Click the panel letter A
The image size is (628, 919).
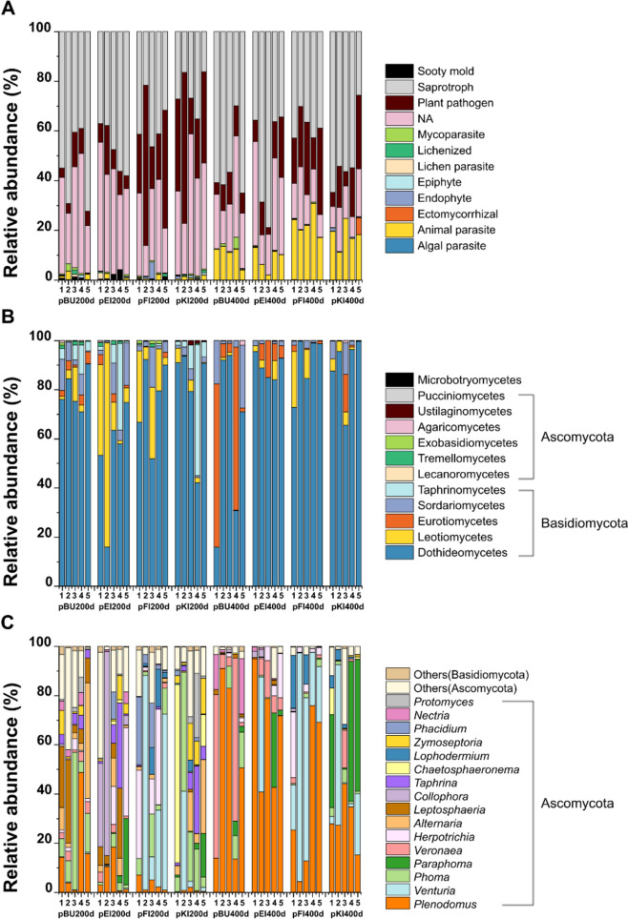click(x=9, y=10)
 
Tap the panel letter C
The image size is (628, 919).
click(x=9, y=623)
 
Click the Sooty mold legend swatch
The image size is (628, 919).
click(x=399, y=71)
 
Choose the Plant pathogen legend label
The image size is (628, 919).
click(x=455, y=103)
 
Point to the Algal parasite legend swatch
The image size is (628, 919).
click(x=399, y=246)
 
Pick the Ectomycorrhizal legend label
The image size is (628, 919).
click(x=458, y=214)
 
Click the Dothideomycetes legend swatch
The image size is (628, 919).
click(x=399, y=552)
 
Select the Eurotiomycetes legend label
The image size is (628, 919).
click(x=458, y=521)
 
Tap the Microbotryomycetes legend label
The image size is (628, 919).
click(x=470, y=379)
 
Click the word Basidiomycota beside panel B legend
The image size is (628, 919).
click(x=584, y=522)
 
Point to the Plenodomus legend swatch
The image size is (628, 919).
click(x=397, y=904)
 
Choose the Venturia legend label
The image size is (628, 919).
click(x=434, y=890)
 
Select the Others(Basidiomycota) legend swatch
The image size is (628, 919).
click(x=397, y=675)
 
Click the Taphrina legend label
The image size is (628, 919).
click(x=435, y=783)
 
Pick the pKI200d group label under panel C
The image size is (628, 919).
click(x=190, y=913)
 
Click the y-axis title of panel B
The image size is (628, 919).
click(x=11, y=463)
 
